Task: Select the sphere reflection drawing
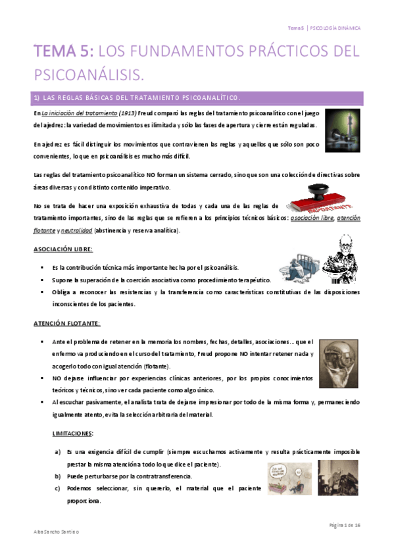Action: pyautogui.click(x=337, y=361)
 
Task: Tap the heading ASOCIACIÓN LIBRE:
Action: pyautogui.click(x=63, y=250)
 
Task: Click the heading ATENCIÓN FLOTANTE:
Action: pyautogui.click(x=66, y=324)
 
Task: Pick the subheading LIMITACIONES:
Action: pyautogui.click(x=72, y=434)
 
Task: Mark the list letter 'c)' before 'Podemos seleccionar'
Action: pyautogui.click(x=57, y=488)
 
